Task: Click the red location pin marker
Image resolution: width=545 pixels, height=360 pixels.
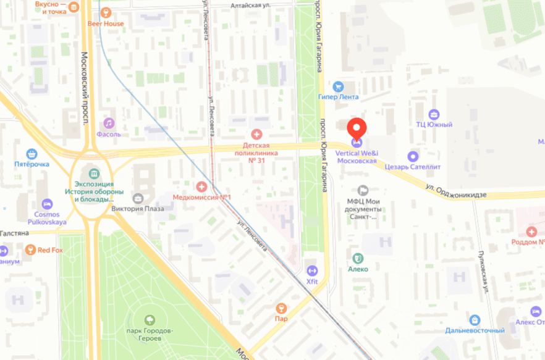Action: pyautogui.click(x=357, y=128)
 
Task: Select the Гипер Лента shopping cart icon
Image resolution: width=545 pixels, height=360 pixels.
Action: pyautogui.click(x=338, y=86)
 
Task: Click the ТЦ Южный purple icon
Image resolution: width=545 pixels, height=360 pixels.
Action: pyautogui.click(x=434, y=114)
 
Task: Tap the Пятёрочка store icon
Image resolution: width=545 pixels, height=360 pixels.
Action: pyautogui.click(x=31, y=154)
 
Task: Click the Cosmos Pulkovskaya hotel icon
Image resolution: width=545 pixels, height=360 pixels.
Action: pyautogui.click(x=47, y=204)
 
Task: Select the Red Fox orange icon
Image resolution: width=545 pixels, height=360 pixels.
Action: pyautogui.click(x=29, y=249)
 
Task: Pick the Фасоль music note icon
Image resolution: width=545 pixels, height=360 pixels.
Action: pyautogui.click(x=109, y=123)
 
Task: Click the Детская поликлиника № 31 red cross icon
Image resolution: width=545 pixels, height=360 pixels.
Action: pyautogui.click(x=256, y=134)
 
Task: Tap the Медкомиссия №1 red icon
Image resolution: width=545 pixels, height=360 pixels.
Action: pyautogui.click(x=201, y=186)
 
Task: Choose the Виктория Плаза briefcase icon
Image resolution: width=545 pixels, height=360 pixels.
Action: pyautogui.click(x=137, y=198)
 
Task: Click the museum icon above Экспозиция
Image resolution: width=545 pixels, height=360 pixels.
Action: pyautogui.click(x=94, y=174)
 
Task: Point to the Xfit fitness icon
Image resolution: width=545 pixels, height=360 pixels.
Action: pyautogui.click(x=311, y=270)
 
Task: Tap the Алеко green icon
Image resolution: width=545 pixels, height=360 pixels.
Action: pyautogui.click(x=357, y=258)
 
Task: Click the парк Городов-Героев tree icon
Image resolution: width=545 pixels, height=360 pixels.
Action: pyautogui.click(x=149, y=319)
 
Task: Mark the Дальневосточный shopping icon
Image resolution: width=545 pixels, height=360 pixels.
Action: pyautogui.click(x=474, y=320)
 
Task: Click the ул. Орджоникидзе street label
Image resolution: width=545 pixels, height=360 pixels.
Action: pyautogui.click(x=456, y=194)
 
